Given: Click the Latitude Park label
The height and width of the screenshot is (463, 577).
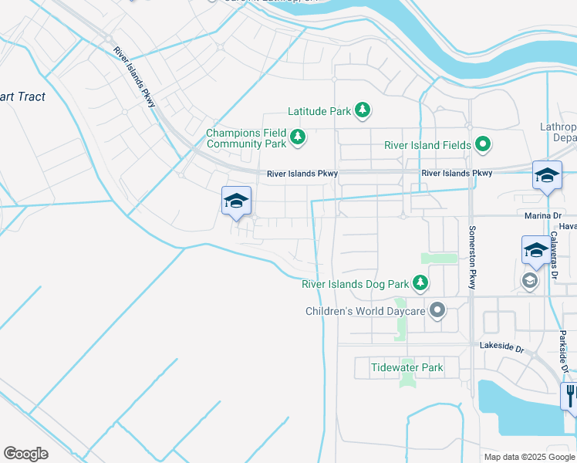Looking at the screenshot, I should (319, 112).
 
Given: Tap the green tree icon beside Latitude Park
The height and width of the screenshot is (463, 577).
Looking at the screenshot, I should (362, 112).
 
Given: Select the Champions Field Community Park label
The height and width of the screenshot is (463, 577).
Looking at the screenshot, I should (245, 139).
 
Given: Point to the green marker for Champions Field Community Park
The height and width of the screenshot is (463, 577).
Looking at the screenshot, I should (298, 139).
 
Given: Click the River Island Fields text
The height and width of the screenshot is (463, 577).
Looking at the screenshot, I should (423, 145).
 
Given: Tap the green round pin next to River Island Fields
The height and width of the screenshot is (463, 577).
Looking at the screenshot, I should (483, 144).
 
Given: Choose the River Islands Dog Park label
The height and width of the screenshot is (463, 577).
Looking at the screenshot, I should (354, 284).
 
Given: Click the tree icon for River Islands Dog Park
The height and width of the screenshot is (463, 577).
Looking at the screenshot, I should (420, 284).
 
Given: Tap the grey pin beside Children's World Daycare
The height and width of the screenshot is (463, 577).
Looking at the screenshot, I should (437, 311).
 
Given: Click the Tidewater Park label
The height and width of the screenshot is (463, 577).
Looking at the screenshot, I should (407, 367).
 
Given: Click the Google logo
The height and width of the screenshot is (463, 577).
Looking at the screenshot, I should (25, 454).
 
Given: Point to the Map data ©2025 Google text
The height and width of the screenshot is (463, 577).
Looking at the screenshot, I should (528, 457).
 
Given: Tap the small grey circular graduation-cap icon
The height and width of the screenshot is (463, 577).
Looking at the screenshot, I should (530, 280).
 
